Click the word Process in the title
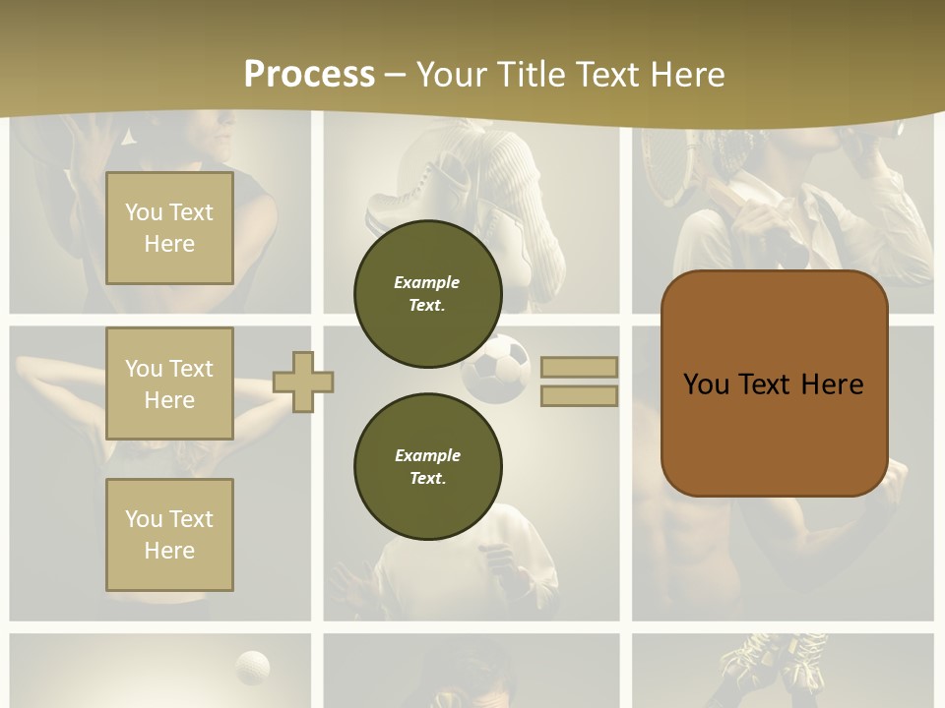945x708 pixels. pyautogui.click(x=309, y=75)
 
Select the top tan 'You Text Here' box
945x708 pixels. pyautogui.click(x=169, y=228)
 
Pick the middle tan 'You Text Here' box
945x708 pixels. pyautogui.click(x=169, y=383)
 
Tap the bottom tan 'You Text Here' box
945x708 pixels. pyautogui.click(x=169, y=535)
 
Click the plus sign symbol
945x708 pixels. pyautogui.click(x=303, y=382)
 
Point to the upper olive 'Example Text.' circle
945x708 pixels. pyautogui.click(x=427, y=294)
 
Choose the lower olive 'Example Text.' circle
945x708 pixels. pyautogui.click(x=427, y=467)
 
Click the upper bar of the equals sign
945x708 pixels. pyautogui.click(x=579, y=368)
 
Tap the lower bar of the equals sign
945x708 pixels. pyautogui.click(x=579, y=395)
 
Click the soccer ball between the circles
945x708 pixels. pyautogui.click(x=498, y=368)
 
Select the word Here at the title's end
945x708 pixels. pyautogui.click(x=685, y=75)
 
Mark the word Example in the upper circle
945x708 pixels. pyautogui.click(x=427, y=282)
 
